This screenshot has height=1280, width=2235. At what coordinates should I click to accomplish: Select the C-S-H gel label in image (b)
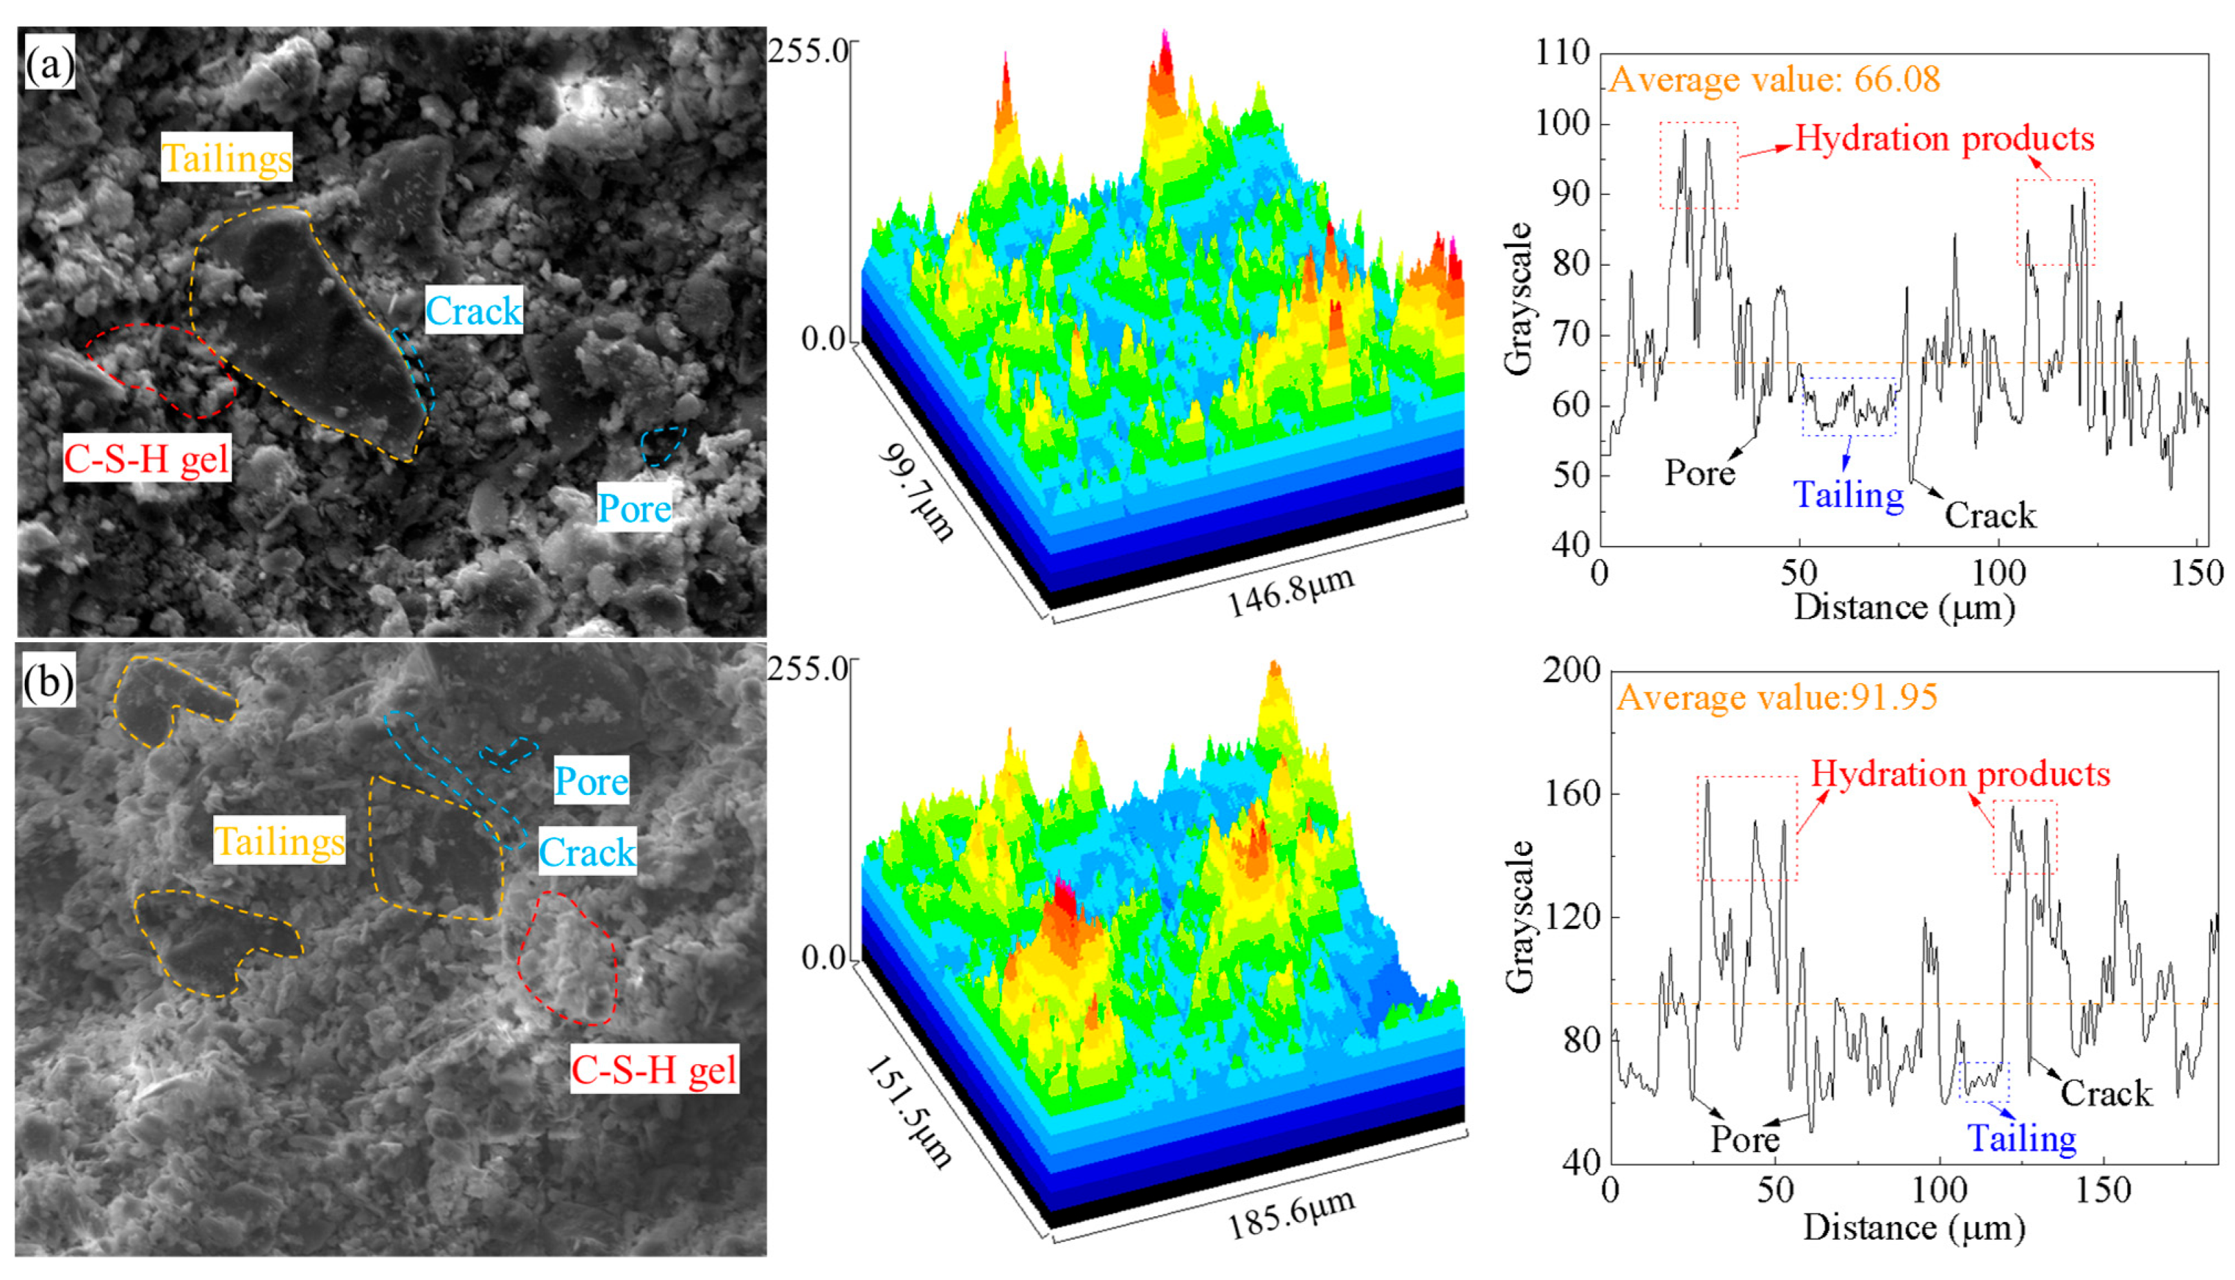(x=654, y=1069)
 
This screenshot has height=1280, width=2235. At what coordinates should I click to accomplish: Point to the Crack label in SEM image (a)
(x=474, y=311)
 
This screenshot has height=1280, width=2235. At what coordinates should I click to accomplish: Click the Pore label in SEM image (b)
(x=591, y=780)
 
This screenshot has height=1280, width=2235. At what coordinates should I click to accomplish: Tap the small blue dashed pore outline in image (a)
(x=662, y=446)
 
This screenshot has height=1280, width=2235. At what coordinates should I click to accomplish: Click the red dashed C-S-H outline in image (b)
(x=568, y=958)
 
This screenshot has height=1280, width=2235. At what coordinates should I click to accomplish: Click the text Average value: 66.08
(x=1774, y=80)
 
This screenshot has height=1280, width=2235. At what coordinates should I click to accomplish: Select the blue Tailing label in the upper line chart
(x=1848, y=495)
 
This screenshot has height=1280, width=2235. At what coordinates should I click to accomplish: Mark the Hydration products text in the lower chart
(x=1960, y=774)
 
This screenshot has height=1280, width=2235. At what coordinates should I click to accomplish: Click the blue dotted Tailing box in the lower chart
(x=1985, y=1081)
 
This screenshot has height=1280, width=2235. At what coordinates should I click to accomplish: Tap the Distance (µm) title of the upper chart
(x=1904, y=607)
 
